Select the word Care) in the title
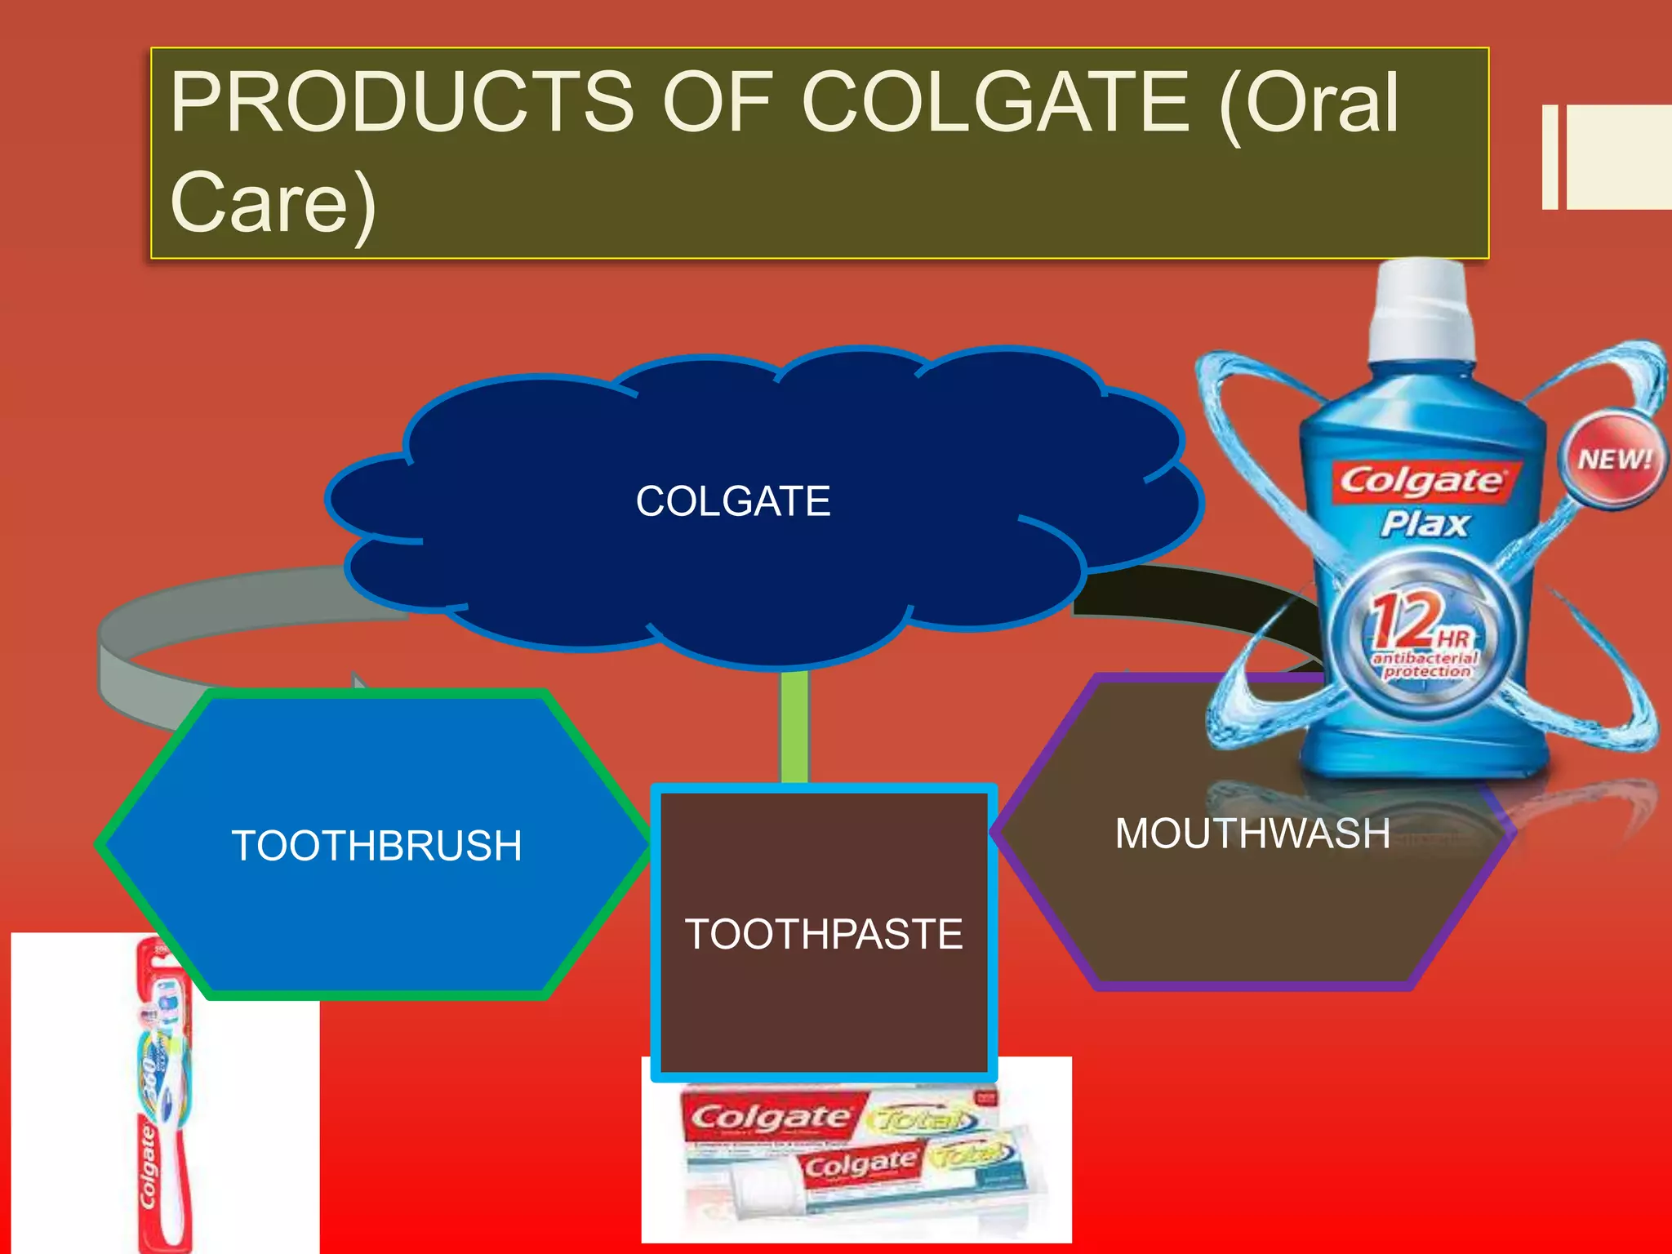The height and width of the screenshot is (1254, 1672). point(273,203)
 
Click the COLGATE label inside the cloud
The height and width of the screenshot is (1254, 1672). point(733,501)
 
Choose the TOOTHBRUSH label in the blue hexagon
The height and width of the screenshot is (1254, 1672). point(376,846)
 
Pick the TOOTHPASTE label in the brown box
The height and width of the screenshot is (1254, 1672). point(824,934)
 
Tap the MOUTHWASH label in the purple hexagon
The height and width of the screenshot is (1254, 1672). point(1252,834)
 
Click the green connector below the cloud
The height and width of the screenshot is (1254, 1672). point(794,727)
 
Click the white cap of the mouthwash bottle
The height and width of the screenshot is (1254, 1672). point(1421,314)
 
